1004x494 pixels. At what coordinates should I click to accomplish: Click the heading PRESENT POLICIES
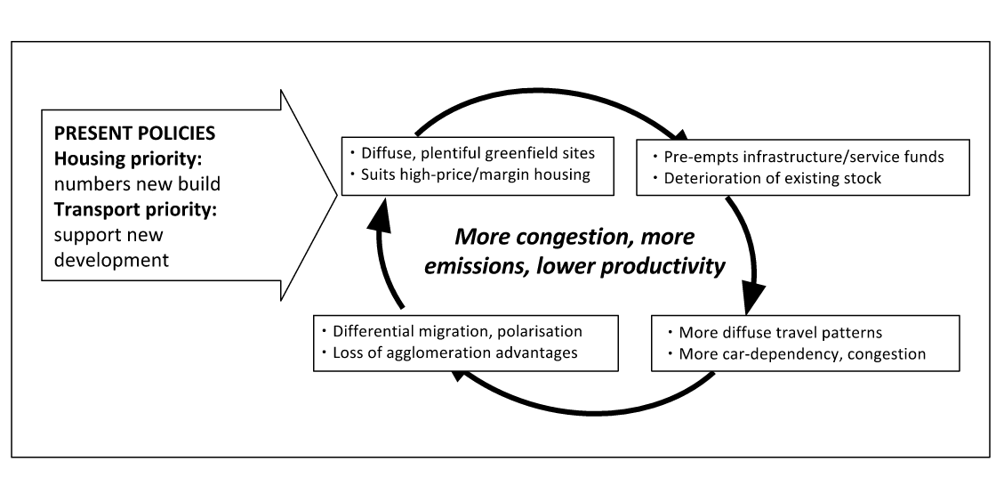(x=134, y=134)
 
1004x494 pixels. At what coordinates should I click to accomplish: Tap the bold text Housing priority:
(x=127, y=158)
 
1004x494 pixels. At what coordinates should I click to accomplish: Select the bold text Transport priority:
(x=135, y=209)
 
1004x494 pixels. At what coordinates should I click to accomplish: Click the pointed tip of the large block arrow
(x=337, y=195)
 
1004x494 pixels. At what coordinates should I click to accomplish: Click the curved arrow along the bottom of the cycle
(x=589, y=411)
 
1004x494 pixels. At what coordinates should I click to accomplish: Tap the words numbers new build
(x=137, y=184)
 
